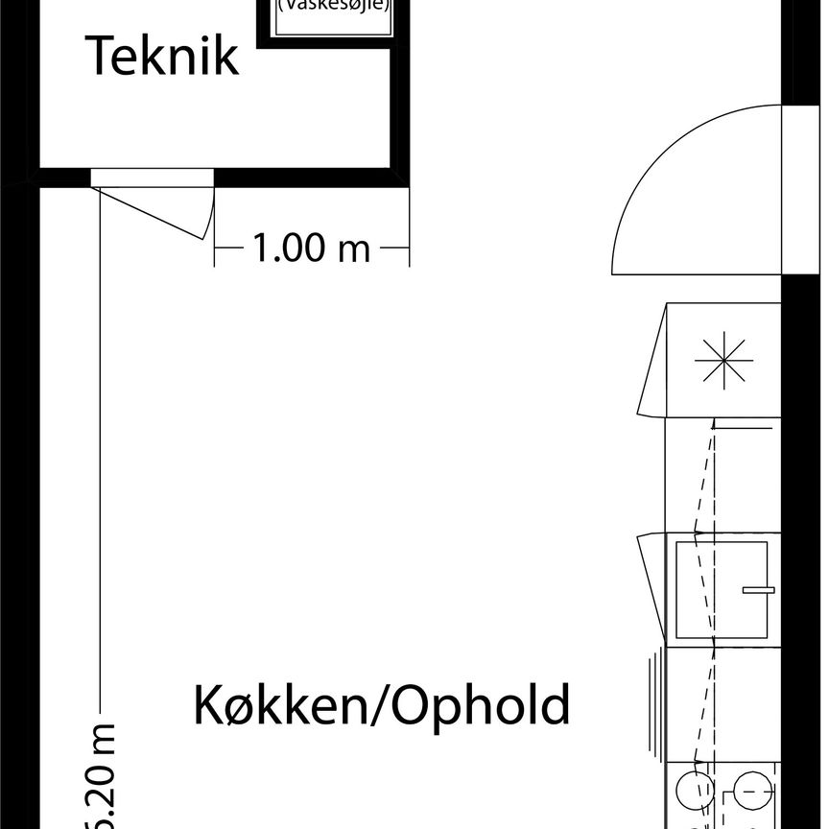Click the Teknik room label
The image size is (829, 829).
pyautogui.click(x=162, y=57)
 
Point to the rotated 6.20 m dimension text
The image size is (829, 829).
pyautogui.click(x=102, y=777)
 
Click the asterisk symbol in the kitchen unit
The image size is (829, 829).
pyautogui.click(x=723, y=361)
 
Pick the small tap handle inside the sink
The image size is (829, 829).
pyautogui.click(x=758, y=589)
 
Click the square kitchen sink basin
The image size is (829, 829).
pyautogui.click(x=722, y=589)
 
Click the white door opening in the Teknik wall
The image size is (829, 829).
pyautogui.click(x=152, y=177)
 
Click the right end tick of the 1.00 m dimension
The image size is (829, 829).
pyautogui.click(x=409, y=249)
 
